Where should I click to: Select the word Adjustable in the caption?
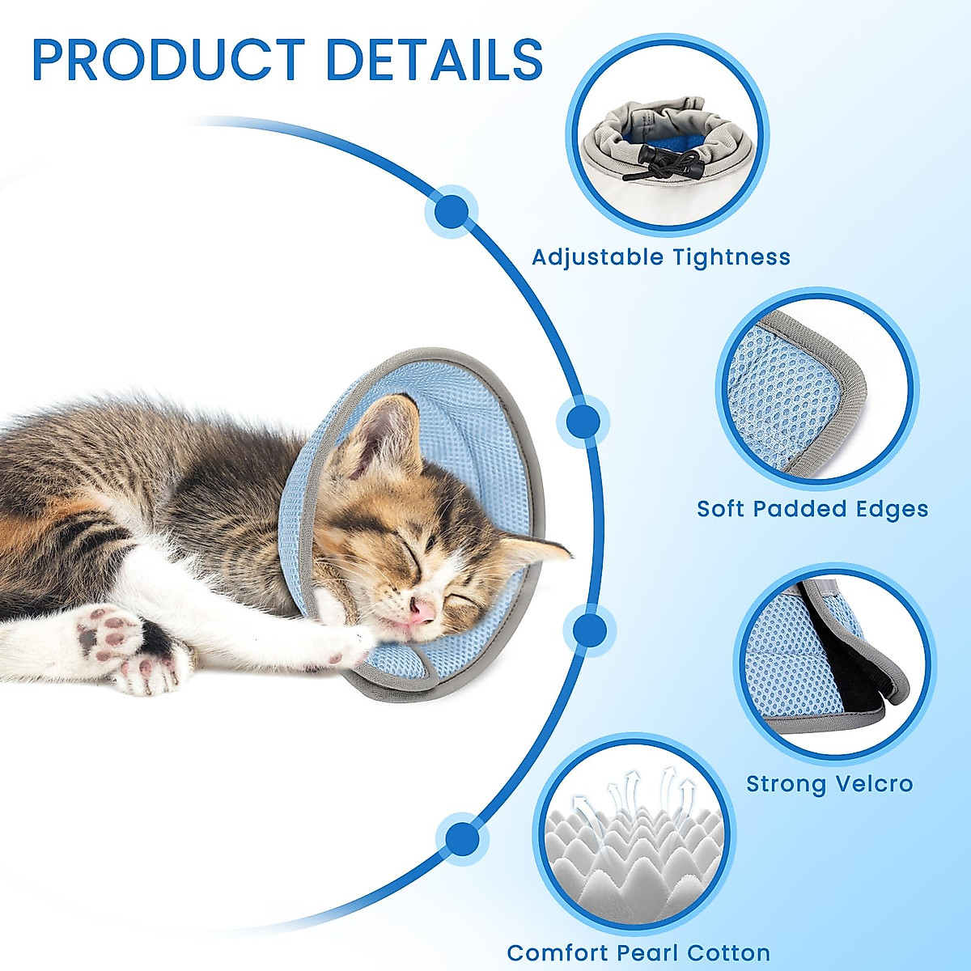(597, 257)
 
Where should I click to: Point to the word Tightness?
(731, 257)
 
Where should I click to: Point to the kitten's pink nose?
(421, 612)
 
